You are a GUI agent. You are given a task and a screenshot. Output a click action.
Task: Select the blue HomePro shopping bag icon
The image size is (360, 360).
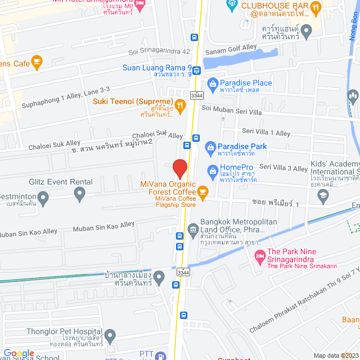(x=213, y=169)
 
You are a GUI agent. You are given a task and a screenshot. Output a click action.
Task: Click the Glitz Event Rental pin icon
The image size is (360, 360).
(x=79, y=195)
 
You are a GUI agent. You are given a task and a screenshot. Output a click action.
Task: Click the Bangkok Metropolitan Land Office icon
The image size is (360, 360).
(x=193, y=228)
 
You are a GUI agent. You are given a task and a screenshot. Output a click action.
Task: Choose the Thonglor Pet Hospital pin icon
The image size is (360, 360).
(x=110, y=336)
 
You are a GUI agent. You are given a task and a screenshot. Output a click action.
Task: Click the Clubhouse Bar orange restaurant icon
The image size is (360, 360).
(x=315, y=7)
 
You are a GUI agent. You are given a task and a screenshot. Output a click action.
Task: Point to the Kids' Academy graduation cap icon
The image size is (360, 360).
(x=323, y=195)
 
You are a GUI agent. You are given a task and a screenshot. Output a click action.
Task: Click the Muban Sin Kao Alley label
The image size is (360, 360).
(x=104, y=227)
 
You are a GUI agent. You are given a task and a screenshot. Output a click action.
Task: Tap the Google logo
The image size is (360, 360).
(x=19, y=353)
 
